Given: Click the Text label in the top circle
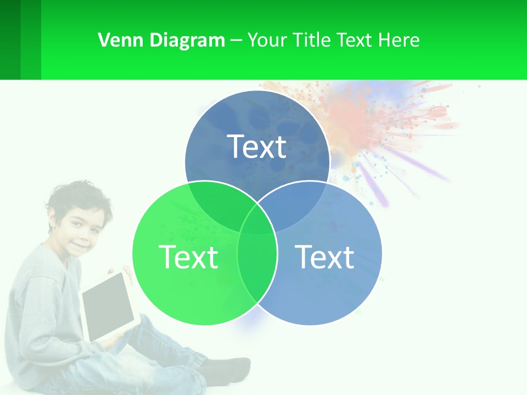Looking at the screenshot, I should pyautogui.click(x=257, y=146).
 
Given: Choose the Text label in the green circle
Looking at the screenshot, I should pyautogui.click(x=188, y=257).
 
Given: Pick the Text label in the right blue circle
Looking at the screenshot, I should pyautogui.click(x=324, y=257).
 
